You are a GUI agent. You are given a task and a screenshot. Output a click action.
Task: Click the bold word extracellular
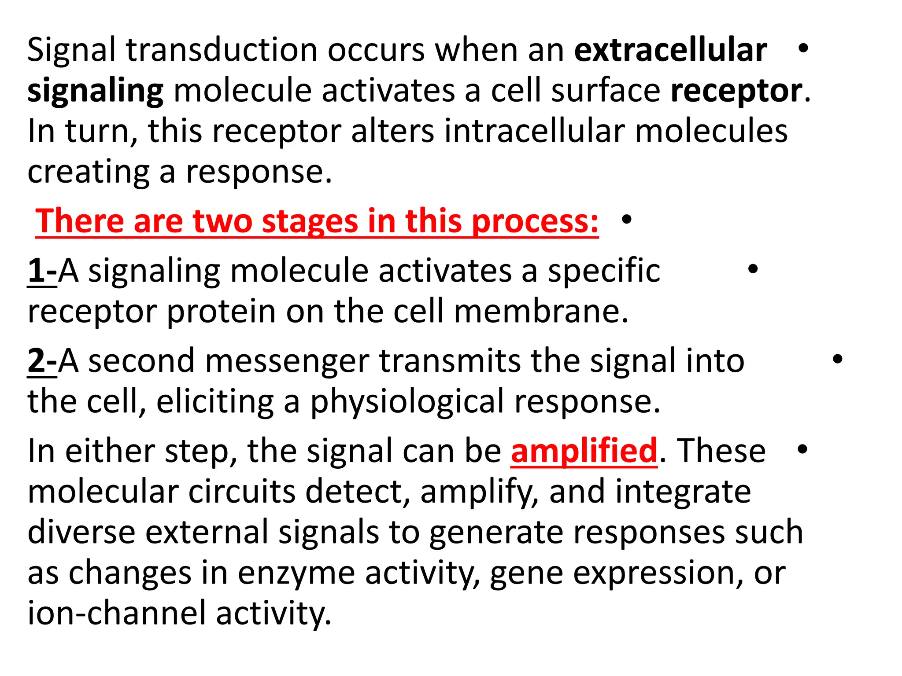pyautogui.click(x=670, y=49)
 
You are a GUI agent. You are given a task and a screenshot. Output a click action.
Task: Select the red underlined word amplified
pyautogui.click(x=584, y=451)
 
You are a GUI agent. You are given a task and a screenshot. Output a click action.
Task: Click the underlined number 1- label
pyautogui.click(x=42, y=270)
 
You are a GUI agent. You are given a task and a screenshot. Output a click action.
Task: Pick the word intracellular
pyautogui.click(x=534, y=131)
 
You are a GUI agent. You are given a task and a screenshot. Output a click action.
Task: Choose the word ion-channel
pyautogui.click(x=117, y=614)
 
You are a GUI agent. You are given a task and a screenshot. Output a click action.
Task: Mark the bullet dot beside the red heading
pyautogui.click(x=627, y=219)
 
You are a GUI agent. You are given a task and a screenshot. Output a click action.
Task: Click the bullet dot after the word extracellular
pyautogui.click(x=803, y=48)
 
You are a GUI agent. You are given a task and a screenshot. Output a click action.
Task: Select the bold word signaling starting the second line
pyautogui.click(x=95, y=92)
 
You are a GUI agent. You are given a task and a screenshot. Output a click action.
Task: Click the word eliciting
pyautogui.click(x=214, y=401)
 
